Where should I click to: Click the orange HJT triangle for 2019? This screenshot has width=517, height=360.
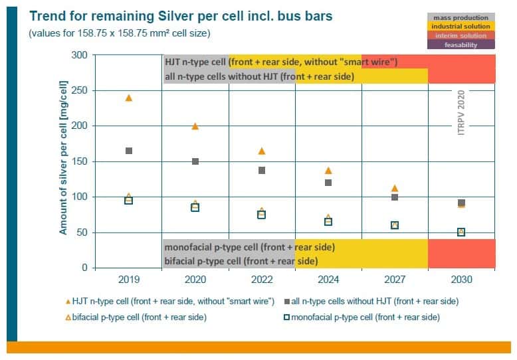128,98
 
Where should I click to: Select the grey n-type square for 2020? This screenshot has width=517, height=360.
195,161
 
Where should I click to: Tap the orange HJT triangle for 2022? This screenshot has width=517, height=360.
262,151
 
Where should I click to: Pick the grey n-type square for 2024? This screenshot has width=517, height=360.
328,183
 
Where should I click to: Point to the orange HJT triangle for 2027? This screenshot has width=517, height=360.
395,189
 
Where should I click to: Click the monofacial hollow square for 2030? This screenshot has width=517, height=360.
461,232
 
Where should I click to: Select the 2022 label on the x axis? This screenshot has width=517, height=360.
262,280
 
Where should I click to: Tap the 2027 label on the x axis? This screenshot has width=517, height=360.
395,280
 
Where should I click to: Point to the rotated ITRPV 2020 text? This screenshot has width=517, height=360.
461,113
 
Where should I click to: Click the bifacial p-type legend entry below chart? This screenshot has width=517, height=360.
133,317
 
